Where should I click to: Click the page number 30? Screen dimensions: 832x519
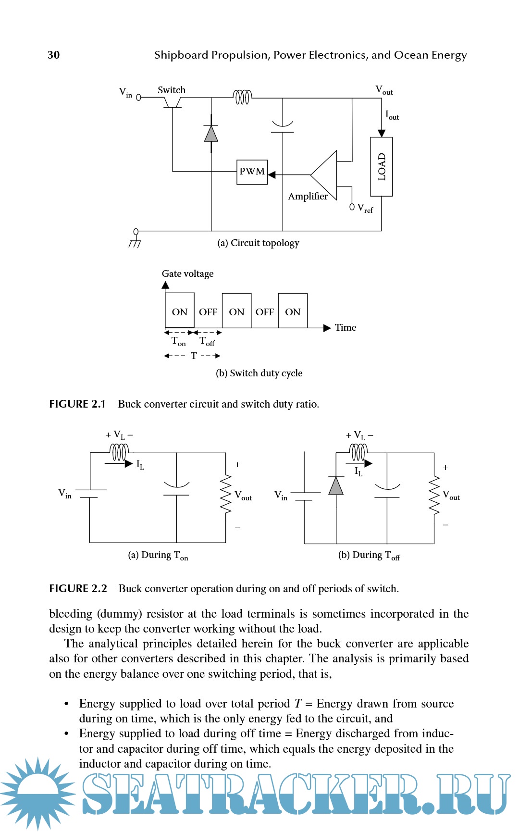pyautogui.click(x=53, y=55)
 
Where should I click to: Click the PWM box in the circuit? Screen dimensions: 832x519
pyautogui.click(x=252, y=172)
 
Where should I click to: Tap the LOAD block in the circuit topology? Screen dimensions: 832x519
pyautogui.click(x=382, y=167)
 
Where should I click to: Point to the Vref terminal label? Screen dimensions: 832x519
pyautogui.click(x=365, y=208)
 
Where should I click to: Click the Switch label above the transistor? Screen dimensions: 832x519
pyautogui.click(x=172, y=90)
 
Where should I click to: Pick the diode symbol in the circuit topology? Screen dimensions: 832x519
pyautogui.click(x=211, y=134)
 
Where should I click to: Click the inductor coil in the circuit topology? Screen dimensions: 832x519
pyautogui.click(x=242, y=97)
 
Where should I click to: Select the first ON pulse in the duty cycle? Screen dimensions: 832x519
pyautogui.click(x=180, y=311)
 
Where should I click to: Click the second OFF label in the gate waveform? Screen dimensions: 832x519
pyautogui.click(x=265, y=312)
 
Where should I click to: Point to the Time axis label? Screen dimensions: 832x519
pyautogui.click(x=346, y=327)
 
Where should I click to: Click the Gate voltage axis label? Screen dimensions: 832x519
pyautogui.click(x=187, y=273)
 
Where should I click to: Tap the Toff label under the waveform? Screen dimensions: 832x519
pyautogui.click(x=207, y=341)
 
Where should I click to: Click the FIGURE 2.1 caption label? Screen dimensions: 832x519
pyautogui.click(x=77, y=404)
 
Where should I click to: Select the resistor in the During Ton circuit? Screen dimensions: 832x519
pyautogui.click(x=225, y=495)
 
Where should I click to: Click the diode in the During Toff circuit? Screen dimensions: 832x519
pyautogui.click(x=336, y=486)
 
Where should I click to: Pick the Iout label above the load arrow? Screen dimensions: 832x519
pyautogui.click(x=392, y=115)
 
